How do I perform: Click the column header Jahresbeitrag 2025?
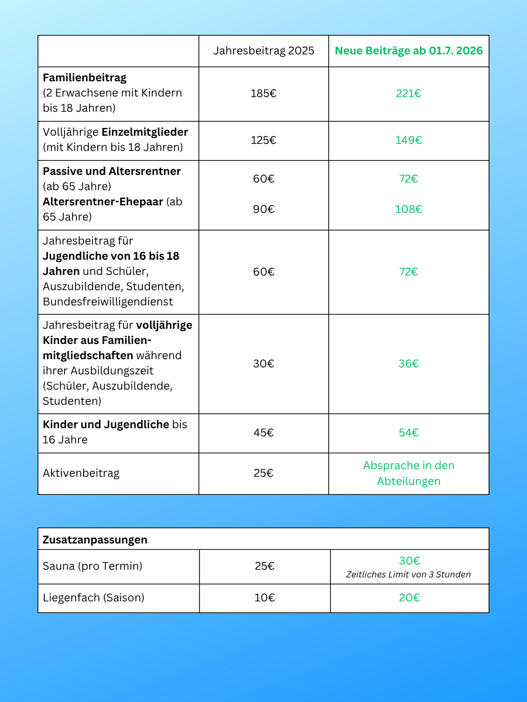click(263, 51)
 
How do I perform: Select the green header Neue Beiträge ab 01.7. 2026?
click(409, 51)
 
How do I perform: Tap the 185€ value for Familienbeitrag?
click(263, 93)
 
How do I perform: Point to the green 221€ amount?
click(409, 93)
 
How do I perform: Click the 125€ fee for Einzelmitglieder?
click(263, 140)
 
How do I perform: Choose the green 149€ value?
click(409, 140)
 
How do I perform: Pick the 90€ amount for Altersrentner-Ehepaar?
click(263, 209)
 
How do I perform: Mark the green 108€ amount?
click(409, 209)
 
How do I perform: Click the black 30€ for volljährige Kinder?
click(263, 363)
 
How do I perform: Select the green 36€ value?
click(409, 363)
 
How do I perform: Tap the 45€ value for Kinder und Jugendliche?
click(263, 433)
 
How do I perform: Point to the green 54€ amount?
click(409, 433)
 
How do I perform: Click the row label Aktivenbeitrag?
click(81, 473)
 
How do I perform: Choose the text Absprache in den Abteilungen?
click(409, 473)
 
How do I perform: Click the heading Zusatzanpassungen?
click(95, 540)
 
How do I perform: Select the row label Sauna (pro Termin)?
click(93, 566)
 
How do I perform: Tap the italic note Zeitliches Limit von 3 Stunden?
click(409, 574)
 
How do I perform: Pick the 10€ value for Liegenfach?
click(265, 598)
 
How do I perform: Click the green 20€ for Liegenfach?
click(409, 598)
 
